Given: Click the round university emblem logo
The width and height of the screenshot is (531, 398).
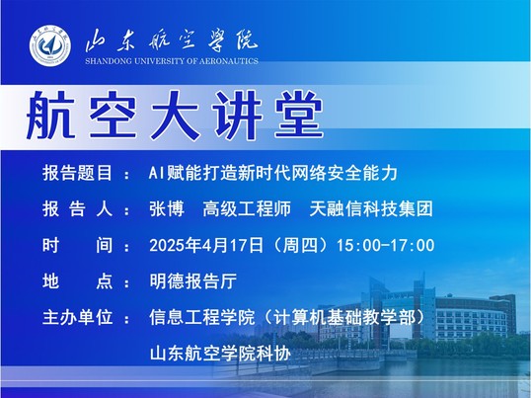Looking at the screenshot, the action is click(49, 45).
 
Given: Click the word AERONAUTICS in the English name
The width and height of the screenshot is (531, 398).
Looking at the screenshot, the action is click(229, 61).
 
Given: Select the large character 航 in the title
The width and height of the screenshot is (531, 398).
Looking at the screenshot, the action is click(50, 116).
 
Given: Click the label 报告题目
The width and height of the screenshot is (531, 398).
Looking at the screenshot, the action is click(77, 173).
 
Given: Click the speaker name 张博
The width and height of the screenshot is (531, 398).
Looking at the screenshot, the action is click(167, 208).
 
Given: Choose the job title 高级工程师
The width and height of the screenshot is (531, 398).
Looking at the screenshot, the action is click(247, 208).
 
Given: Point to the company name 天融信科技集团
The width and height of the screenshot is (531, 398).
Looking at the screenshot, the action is click(371, 208).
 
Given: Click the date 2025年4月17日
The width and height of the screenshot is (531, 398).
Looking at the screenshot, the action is click(206, 245).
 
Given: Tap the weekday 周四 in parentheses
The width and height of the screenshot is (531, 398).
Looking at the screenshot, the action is click(300, 245).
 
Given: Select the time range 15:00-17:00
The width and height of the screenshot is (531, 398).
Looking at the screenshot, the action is click(385, 245).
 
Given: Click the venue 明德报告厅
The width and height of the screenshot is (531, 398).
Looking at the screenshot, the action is click(193, 281).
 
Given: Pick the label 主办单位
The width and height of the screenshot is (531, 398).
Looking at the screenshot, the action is click(77, 317).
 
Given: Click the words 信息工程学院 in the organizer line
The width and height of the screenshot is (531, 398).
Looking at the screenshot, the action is click(201, 317).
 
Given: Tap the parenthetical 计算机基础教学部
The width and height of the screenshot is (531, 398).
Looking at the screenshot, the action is click(344, 317).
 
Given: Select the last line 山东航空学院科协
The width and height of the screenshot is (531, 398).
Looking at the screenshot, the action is click(220, 354).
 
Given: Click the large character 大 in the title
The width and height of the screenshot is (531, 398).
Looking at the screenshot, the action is click(175, 116).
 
